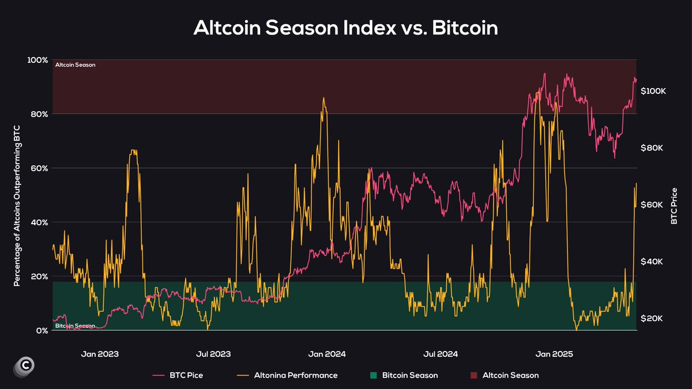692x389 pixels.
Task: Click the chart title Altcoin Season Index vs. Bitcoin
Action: (345, 27)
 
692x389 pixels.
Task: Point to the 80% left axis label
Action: (39, 114)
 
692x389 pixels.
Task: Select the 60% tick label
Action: (39, 168)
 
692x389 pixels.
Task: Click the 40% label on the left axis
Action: (39, 222)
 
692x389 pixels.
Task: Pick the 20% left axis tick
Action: (39, 277)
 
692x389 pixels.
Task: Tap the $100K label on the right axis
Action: (653, 92)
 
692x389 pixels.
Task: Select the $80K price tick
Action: (652, 148)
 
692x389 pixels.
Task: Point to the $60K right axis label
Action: (652, 205)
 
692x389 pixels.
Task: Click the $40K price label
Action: (652, 262)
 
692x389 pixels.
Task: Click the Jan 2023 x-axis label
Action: (100, 354)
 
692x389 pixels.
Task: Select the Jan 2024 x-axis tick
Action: (328, 354)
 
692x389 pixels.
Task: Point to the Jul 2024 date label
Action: (441, 354)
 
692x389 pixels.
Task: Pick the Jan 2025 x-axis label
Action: (554, 354)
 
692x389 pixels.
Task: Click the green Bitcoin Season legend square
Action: (373, 376)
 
